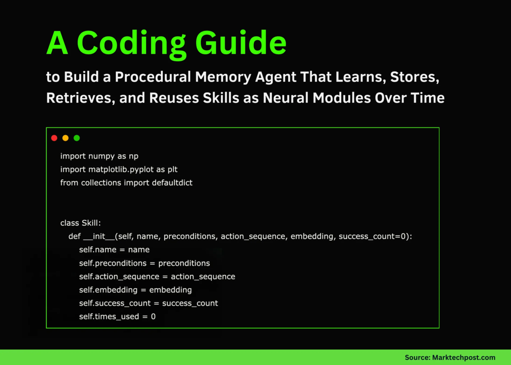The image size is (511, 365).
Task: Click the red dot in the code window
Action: tap(54, 138)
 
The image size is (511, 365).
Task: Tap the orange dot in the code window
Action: tap(66, 138)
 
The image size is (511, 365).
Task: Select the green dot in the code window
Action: tap(77, 138)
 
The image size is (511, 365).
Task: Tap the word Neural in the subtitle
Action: tap(288, 97)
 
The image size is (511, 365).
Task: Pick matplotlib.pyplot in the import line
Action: tap(122, 169)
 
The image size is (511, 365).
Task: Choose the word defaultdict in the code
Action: tap(172, 182)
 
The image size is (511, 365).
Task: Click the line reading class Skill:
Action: tap(80, 223)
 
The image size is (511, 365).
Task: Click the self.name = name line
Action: tap(114, 250)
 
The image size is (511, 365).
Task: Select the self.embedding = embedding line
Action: tap(135, 290)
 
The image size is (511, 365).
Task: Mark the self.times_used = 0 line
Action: tap(117, 317)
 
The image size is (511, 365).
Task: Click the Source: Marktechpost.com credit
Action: tap(450, 358)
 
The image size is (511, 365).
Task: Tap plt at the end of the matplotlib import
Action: tap(173, 169)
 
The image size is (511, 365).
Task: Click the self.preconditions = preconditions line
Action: tap(145, 263)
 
